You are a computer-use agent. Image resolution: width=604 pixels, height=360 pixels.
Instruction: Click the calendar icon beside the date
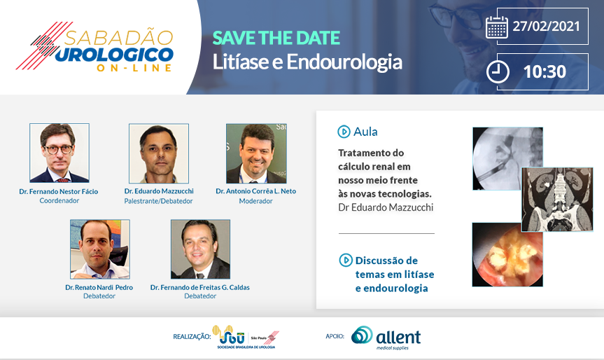coord(496,27)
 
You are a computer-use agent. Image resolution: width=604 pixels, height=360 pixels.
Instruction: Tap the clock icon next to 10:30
coord(498,71)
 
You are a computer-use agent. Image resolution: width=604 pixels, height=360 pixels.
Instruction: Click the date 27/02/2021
coord(546,26)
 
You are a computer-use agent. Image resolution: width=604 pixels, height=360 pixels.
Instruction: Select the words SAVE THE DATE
coord(276,38)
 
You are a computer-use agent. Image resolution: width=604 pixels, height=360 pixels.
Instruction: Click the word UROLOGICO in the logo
coord(114,55)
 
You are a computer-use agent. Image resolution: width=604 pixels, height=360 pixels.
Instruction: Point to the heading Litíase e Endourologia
coord(307,62)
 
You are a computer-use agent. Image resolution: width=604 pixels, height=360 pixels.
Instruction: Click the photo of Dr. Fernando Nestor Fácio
coord(59,153)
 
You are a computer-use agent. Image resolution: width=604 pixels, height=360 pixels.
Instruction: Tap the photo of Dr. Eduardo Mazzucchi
coord(159,153)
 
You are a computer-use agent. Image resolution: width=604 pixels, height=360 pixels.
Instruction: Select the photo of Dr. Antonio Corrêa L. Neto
coord(256,153)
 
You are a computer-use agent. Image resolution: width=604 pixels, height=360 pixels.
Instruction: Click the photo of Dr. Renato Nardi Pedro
coord(100,249)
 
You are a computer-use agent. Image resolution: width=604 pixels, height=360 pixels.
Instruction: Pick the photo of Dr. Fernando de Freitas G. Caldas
coord(200,249)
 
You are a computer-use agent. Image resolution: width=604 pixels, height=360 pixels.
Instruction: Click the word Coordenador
coord(59,201)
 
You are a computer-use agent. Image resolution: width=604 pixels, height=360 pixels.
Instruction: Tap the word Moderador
coord(255,201)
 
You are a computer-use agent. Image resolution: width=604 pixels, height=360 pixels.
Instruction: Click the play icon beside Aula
coord(344,132)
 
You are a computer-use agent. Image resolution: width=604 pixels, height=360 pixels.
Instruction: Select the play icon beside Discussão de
coord(346,260)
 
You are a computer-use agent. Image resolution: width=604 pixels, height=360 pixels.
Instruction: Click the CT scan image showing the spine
coord(557,200)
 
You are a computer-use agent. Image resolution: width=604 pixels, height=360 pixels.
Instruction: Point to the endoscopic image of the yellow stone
coord(507,255)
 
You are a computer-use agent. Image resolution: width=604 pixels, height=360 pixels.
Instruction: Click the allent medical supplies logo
coord(386,338)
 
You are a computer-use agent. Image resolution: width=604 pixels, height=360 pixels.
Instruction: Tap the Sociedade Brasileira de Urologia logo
coord(246,337)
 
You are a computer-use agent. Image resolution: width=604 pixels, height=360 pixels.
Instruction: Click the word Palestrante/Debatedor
coord(158,201)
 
